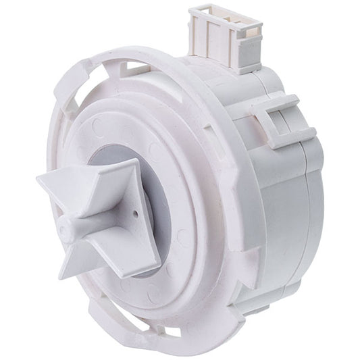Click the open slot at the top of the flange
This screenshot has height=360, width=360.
tap(138, 67)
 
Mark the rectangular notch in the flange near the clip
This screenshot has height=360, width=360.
tap(259, 128)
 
